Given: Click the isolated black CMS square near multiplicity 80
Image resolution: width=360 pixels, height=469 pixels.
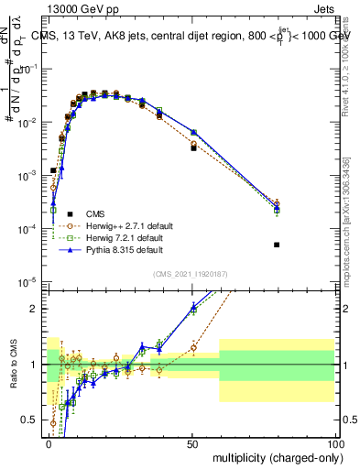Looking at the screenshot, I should pos(277,245).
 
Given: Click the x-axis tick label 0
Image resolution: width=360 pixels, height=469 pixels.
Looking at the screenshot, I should pos(47,442).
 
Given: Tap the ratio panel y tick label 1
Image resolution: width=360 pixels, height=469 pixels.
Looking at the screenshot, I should pos(34,365).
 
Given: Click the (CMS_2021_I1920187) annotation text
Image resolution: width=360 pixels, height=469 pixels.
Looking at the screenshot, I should pos(191,273).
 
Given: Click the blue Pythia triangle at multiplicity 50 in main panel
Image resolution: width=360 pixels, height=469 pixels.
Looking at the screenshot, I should pos(193,132).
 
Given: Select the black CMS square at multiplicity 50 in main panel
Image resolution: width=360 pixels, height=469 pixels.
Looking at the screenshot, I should pos(193,147).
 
